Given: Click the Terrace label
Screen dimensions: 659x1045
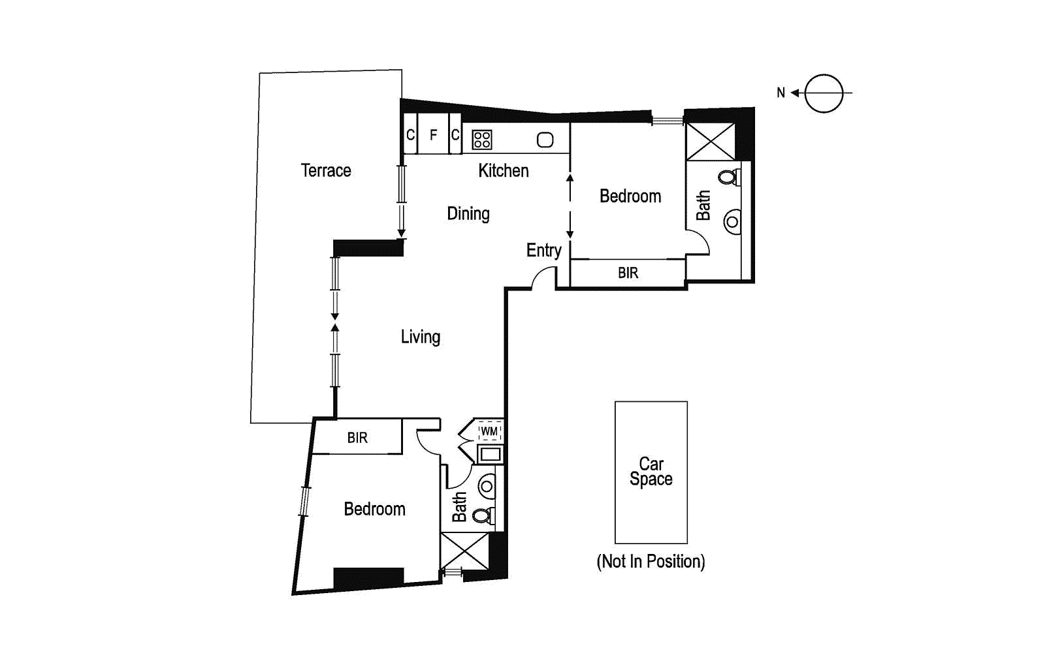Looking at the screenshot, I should coord(325,170).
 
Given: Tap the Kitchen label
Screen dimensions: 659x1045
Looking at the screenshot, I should coord(503,170).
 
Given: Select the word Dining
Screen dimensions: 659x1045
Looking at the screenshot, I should coord(468,213).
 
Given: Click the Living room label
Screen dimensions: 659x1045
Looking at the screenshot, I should coord(420,337).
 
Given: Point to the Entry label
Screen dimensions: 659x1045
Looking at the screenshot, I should coord(543,250).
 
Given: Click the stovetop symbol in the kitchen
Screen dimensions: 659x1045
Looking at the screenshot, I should coord(482,140).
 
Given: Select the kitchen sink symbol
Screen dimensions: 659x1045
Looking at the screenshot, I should coord(545,140).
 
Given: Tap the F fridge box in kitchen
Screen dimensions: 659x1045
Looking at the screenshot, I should coord(433,134).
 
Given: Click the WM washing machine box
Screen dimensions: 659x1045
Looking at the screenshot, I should coord(489,431).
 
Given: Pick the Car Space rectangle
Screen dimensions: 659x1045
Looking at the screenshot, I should coord(651,472).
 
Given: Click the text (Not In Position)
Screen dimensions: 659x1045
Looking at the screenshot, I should coord(651,561).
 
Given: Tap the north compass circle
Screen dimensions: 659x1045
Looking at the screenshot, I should coord(824,93).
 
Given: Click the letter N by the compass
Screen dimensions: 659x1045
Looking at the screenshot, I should coord(780,93).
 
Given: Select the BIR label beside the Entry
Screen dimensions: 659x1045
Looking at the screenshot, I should coord(628,273).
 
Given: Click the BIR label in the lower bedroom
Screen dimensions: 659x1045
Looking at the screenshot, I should coord(357,437).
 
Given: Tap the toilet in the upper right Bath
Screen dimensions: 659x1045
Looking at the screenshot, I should coord(729,177).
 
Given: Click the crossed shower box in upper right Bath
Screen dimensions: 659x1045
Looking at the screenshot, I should coord(710,142).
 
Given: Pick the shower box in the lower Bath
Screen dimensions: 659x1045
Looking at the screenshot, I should coord(464,551).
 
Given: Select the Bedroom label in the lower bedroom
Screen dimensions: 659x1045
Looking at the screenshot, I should coord(374,509).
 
